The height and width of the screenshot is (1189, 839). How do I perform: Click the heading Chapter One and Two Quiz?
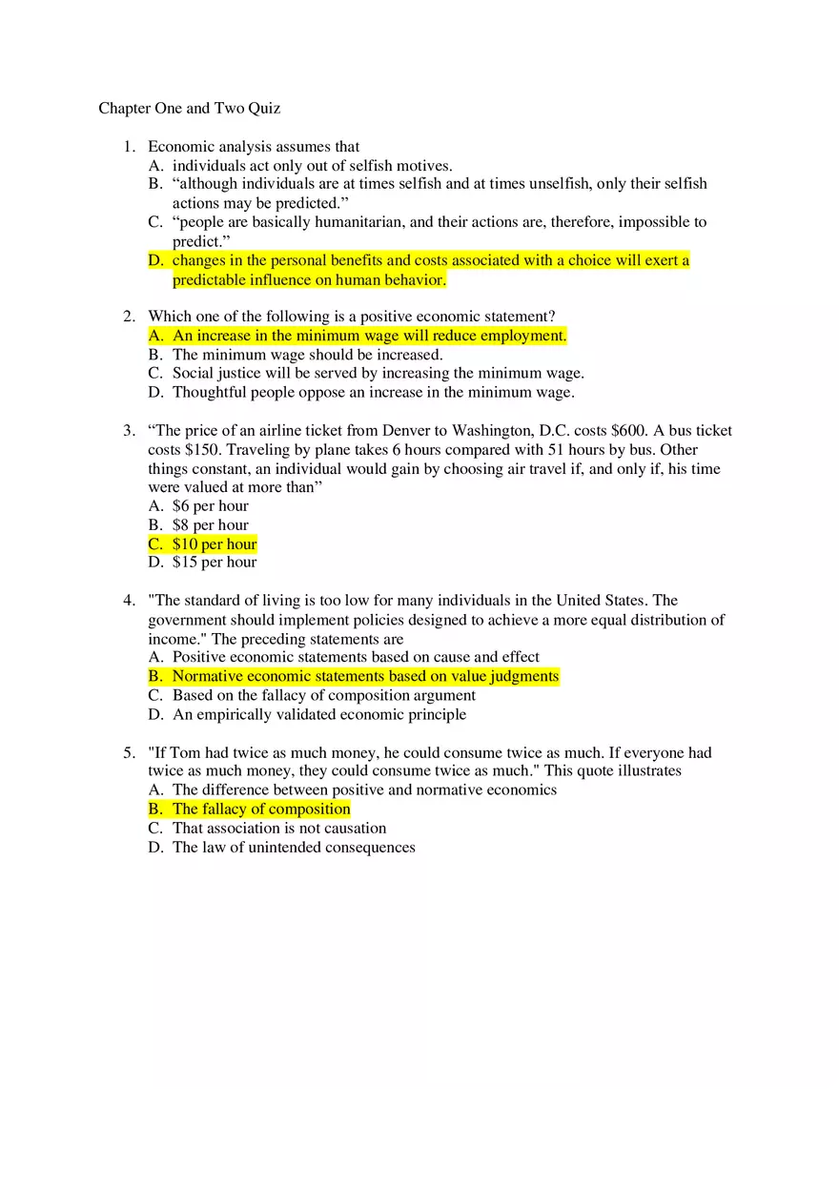coord(189,109)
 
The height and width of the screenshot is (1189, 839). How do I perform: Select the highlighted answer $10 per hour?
coord(215,544)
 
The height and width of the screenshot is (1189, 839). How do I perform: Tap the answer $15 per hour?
coord(215,563)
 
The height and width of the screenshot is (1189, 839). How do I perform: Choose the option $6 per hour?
coord(210,506)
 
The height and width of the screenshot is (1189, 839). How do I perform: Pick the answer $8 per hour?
coord(210,525)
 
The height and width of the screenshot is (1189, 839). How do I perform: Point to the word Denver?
coord(406,431)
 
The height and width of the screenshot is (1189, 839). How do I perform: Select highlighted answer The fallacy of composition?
coord(261,810)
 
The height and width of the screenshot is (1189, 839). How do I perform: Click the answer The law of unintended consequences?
coord(294,848)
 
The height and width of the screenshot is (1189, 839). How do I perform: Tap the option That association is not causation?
coord(279,829)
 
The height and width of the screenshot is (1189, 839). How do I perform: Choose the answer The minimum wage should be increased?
coord(307,355)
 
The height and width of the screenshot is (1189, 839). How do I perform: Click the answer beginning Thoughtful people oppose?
coord(373,392)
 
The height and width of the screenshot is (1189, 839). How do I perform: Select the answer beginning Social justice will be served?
coord(378,374)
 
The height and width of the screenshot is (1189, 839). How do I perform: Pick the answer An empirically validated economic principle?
coord(319,714)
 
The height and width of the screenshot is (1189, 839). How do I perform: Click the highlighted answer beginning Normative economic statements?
coord(365,677)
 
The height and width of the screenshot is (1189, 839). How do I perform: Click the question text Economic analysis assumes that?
coord(254,147)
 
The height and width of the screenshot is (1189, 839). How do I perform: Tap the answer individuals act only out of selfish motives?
coord(312,166)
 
